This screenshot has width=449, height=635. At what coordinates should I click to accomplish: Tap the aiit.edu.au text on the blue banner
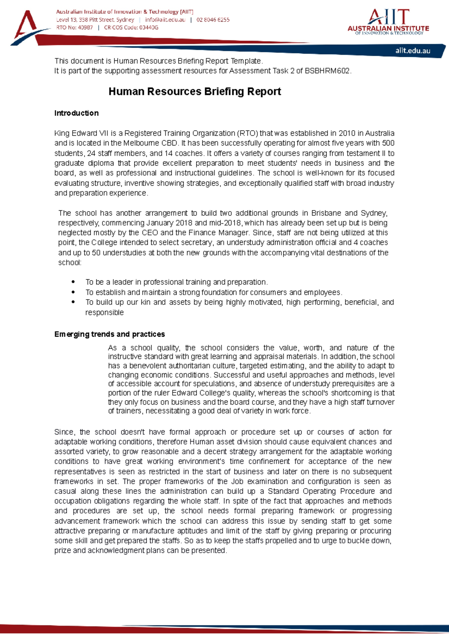(413, 51)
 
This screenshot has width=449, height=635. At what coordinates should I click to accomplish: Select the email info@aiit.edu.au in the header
(165, 20)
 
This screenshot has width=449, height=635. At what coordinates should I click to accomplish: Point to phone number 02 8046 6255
(213, 20)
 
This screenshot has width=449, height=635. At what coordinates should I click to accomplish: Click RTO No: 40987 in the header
(74, 28)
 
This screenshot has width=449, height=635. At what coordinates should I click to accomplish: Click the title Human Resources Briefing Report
(195, 92)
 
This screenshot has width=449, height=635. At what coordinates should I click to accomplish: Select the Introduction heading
(76, 113)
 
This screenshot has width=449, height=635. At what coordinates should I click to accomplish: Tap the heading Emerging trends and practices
(109, 334)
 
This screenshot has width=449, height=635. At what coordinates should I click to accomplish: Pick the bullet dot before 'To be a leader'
(73, 282)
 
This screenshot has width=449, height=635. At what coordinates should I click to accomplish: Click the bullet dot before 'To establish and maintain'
(73, 292)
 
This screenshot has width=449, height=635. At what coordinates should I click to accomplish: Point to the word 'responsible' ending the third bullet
(104, 312)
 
